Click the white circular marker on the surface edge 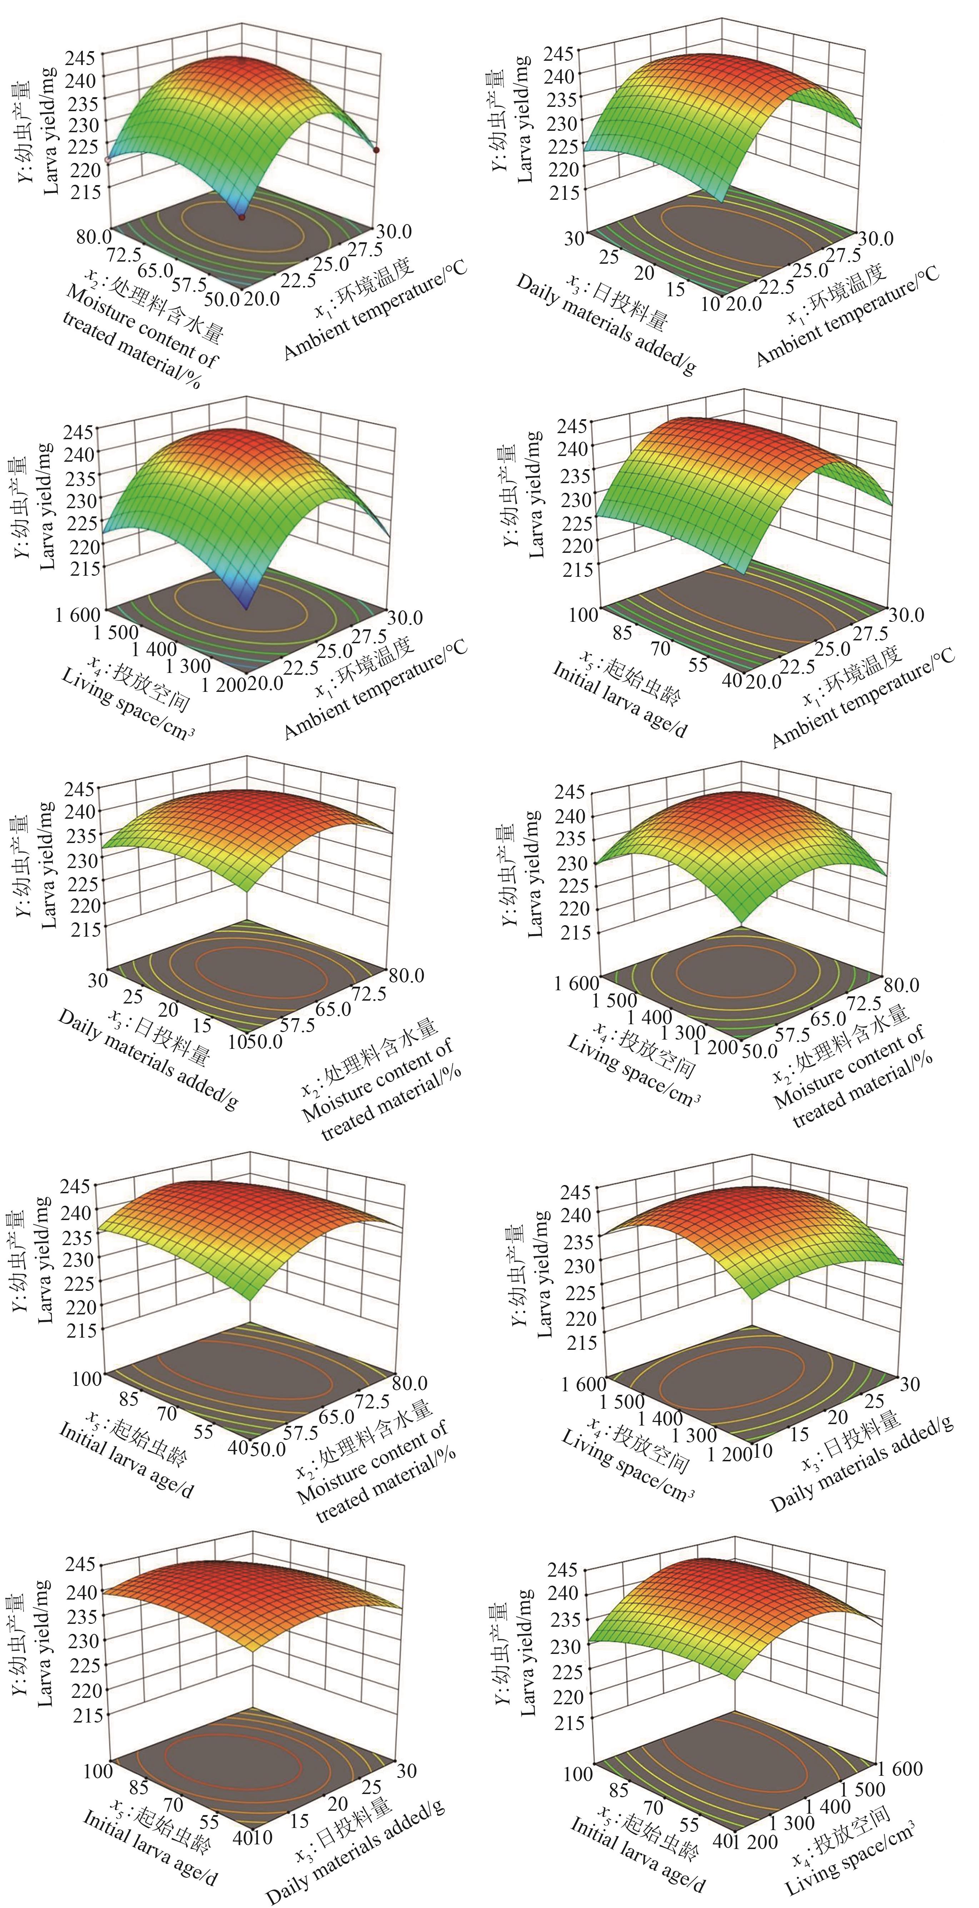(x=108, y=159)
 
